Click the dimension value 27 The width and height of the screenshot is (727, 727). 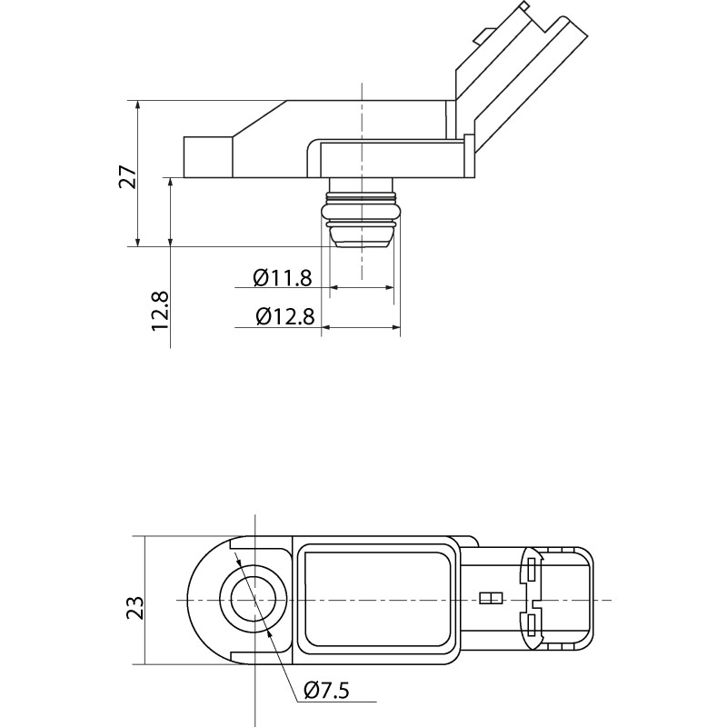(129, 175)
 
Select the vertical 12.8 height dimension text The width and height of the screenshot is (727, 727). (161, 310)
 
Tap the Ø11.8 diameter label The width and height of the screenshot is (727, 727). (283, 277)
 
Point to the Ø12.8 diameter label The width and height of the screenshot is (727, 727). (284, 316)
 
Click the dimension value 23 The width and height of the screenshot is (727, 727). (133, 607)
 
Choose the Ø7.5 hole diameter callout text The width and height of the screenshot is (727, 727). (326, 691)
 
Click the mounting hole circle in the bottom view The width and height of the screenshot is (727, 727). (254, 600)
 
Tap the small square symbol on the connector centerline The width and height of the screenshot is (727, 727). (491, 599)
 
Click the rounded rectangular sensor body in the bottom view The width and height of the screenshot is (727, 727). (375, 600)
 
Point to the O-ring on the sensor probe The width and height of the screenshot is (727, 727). (362, 213)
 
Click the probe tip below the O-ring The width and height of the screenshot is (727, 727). (362, 237)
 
